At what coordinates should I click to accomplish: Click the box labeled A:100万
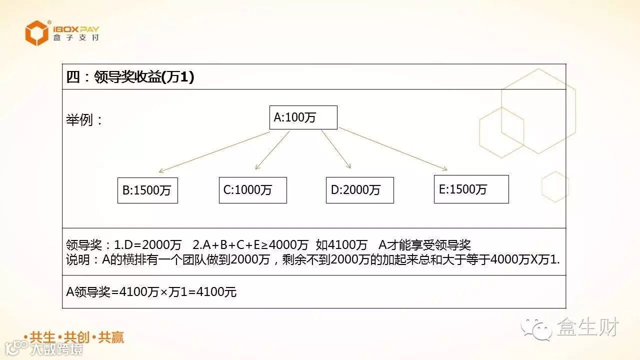303,117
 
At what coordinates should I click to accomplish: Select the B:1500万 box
147,190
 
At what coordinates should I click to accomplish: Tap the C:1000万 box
252,190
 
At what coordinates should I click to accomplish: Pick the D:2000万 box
359,190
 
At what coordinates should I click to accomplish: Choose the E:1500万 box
471,189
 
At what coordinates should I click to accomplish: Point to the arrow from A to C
272,150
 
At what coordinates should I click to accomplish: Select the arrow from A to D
336,149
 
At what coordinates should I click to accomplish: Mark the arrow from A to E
393,149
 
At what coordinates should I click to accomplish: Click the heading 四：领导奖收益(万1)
130,77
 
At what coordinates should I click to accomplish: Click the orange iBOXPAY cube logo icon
37,33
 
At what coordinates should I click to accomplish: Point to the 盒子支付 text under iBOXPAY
76,38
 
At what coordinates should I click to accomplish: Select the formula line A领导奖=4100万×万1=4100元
151,291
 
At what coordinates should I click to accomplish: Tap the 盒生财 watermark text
588,327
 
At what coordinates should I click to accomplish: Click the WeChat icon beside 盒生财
536,328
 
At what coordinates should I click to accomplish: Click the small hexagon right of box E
555,186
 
